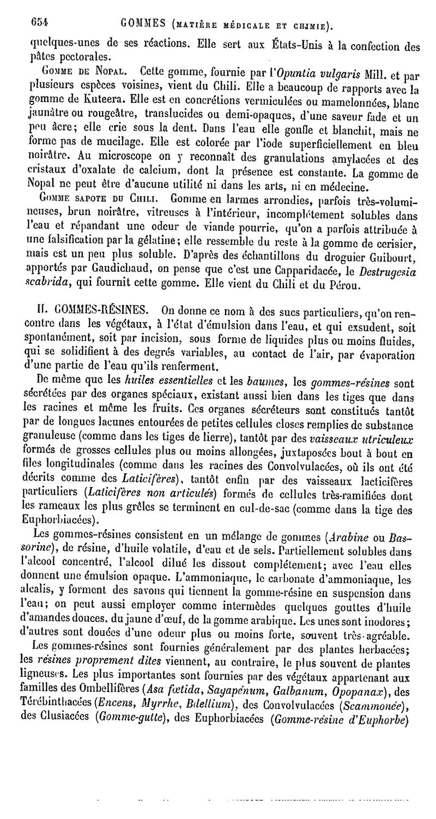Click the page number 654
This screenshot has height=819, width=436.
point(39,22)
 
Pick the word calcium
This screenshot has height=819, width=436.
point(162,173)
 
